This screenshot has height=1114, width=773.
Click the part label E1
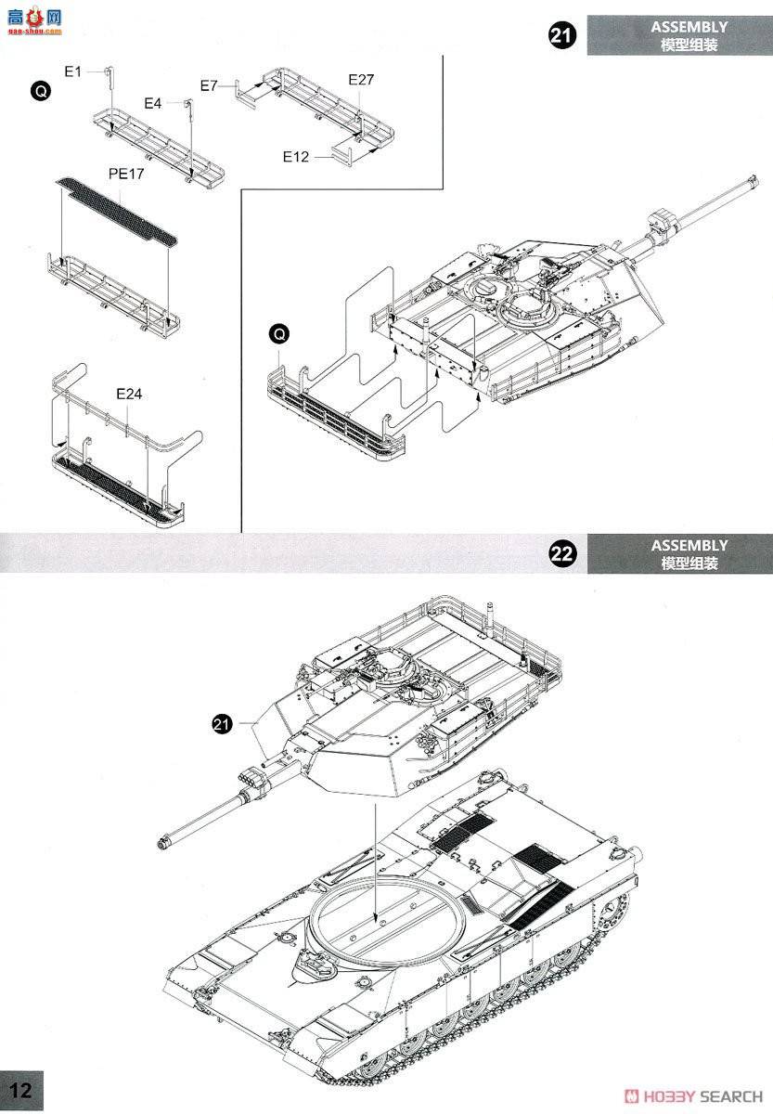pyautogui.click(x=73, y=71)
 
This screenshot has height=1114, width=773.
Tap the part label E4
pyautogui.click(x=153, y=103)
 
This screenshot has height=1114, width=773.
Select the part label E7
pyautogui.click(x=209, y=85)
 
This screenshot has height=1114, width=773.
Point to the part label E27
pyautogui.click(x=361, y=80)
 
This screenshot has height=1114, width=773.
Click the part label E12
pyautogui.click(x=296, y=156)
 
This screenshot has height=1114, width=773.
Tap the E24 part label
pyautogui.click(x=129, y=394)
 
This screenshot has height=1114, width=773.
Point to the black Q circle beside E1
pyautogui.click(x=39, y=90)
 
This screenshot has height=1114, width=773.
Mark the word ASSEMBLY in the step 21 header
pyautogui.click(x=689, y=27)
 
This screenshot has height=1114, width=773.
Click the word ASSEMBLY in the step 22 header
pyautogui.click(x=689, y=545)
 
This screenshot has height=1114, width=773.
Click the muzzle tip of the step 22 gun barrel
pyautogui.click(x=162, y=843)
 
